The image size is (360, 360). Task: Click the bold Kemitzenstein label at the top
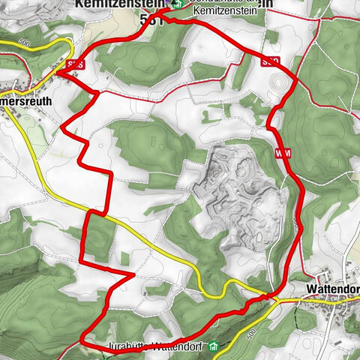tap(120, 4)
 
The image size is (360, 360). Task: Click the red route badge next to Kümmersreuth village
tap(73, 65)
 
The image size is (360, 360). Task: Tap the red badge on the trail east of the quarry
tap(283, 154)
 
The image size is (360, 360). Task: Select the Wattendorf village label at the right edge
tap(334, 289)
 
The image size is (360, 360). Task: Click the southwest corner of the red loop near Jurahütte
tap(81, 340)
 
